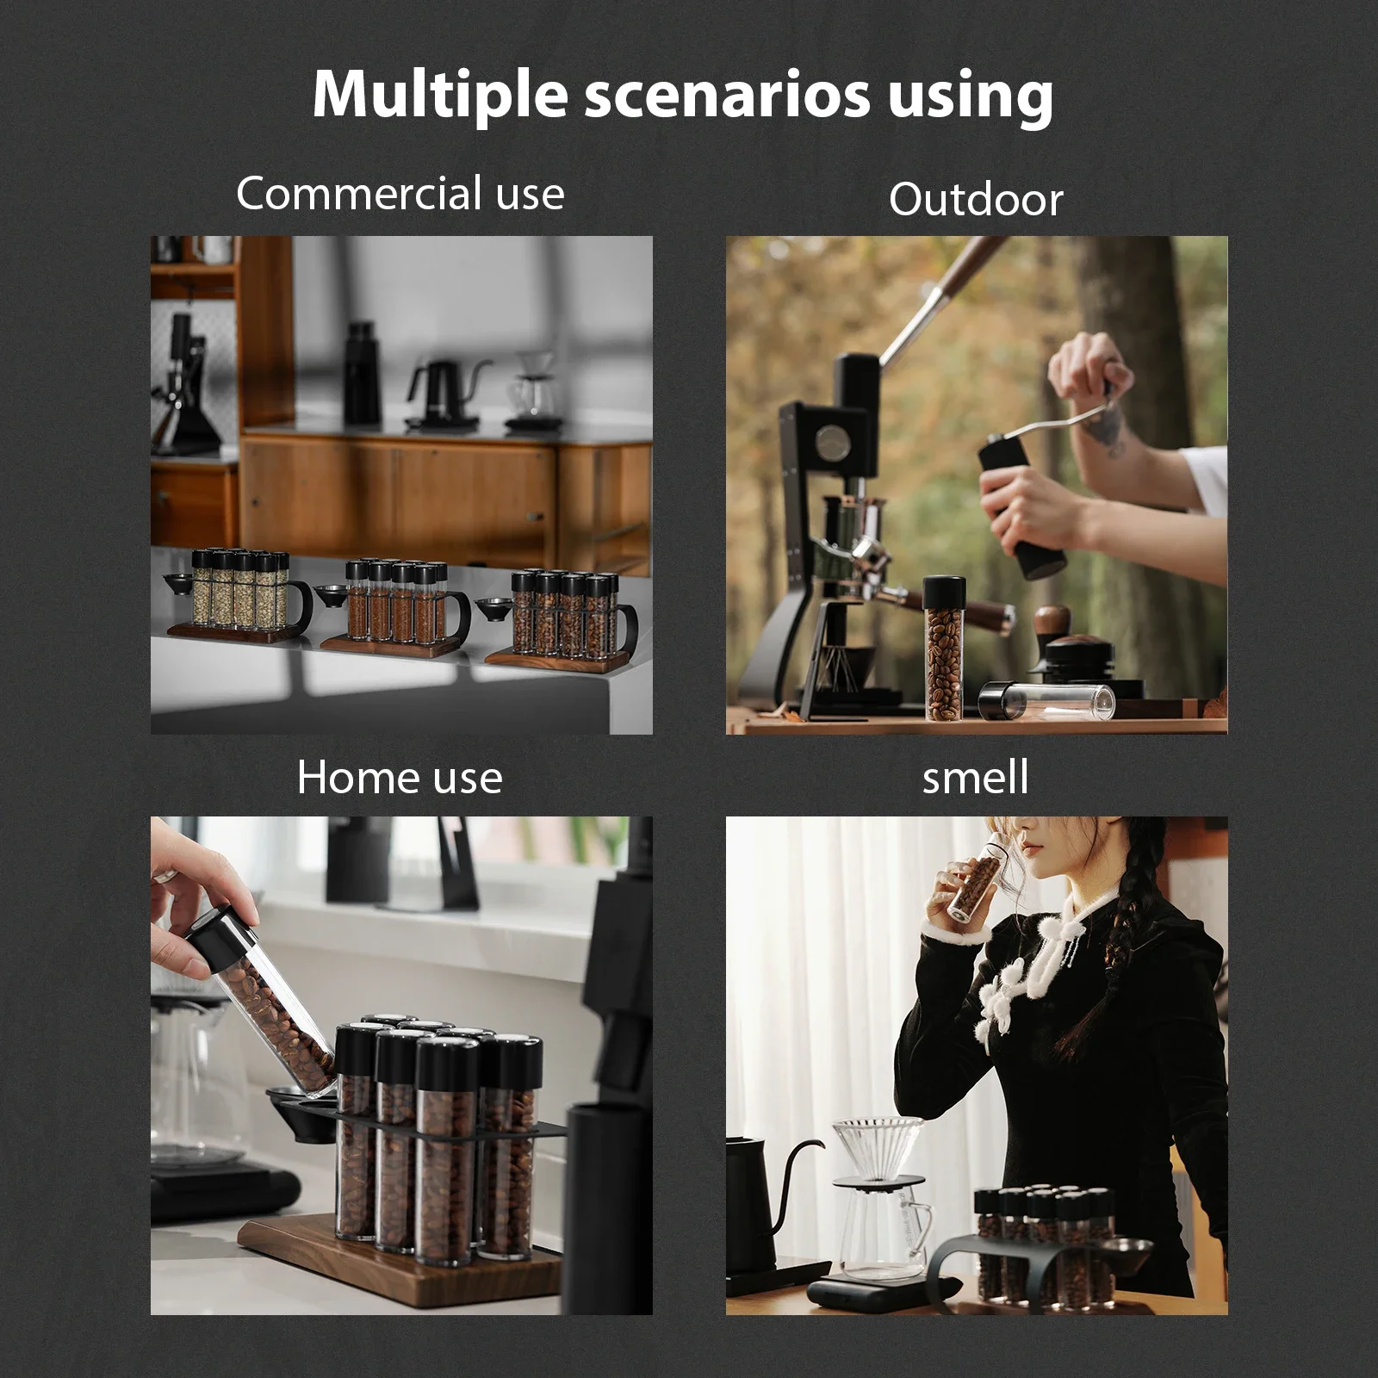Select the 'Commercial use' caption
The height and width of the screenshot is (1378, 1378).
click(x=400, y=194)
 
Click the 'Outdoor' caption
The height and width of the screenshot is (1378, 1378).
click(x=976, y=200)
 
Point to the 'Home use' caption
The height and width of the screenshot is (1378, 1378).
click(x=400, y=778)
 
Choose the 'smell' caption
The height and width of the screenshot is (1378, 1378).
click(x=975, y=778)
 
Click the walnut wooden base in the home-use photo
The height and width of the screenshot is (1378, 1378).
click(x=405, y=1266)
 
